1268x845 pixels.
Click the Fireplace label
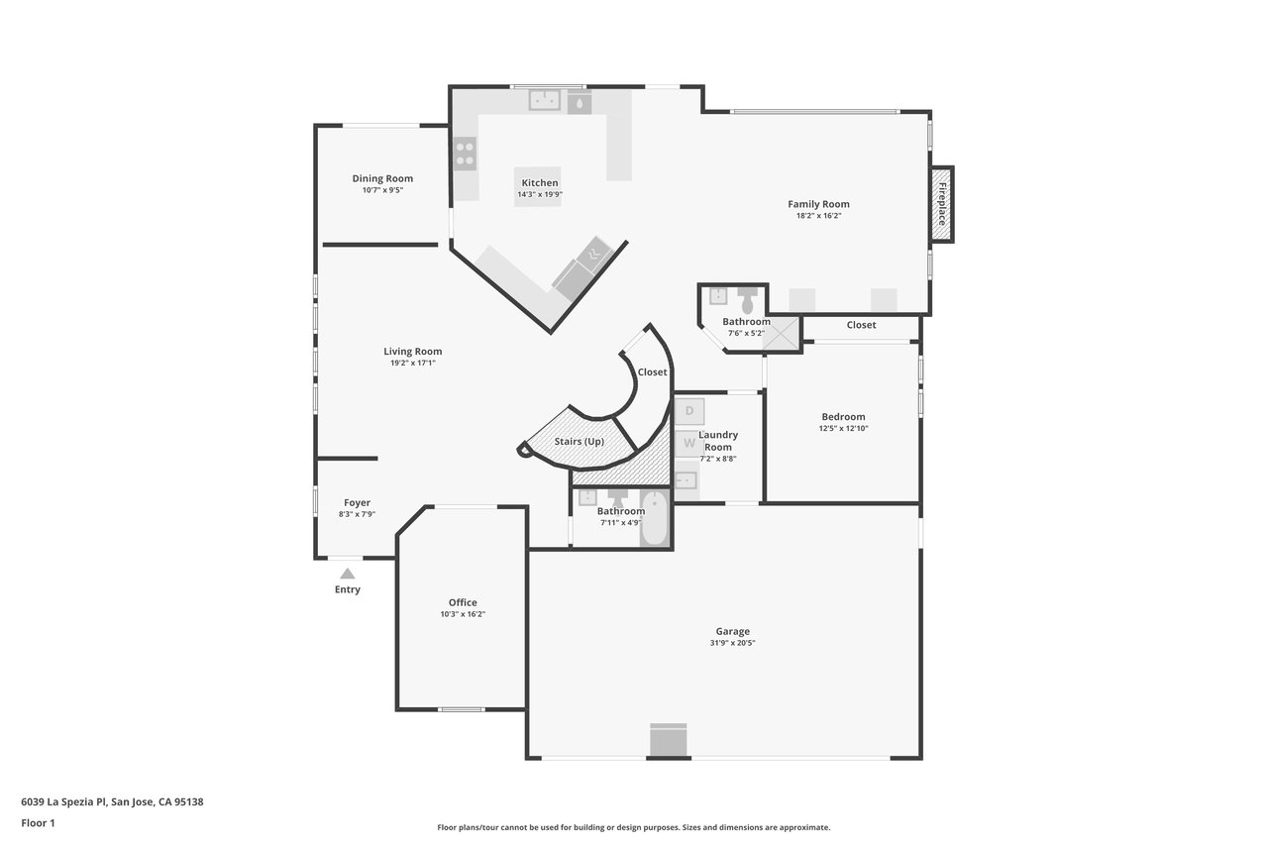pos(942,204)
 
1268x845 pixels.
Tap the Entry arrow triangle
pos(348,574)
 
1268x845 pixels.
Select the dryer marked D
pos(689,411)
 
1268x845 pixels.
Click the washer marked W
pos(688,443)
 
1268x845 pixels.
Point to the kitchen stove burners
pos(466,154)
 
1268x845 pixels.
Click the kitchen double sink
pos(545,100)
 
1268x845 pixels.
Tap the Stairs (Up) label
pos(580,442)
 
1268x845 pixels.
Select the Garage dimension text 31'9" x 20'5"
pos(732,643)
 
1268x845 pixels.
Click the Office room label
pos(463,602)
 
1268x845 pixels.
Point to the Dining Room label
pos(382,178)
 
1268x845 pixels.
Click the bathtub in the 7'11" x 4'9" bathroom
pos(655,518)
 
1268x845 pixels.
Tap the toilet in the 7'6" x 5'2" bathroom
pos(747,300)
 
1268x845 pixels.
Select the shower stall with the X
pos(781,334)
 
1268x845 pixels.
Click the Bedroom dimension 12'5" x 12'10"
pos(843,428)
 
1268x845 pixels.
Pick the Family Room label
pos(818,204)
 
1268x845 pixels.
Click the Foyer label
pos(358,502)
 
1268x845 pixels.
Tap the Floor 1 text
pos(38,823)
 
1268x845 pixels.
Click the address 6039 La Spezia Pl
pos(64,801)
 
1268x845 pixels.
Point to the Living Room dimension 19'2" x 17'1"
pos(413,363)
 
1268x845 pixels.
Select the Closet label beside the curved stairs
pos(652,371)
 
